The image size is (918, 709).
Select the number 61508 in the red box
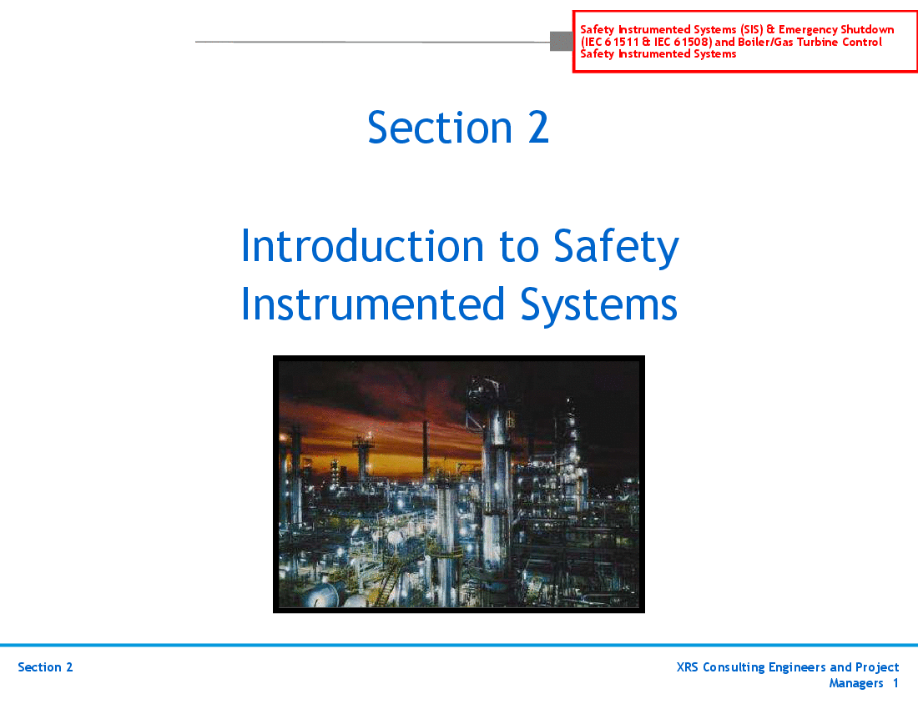[x=691, y=42]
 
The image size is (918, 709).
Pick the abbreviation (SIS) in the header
[x=751, y=29]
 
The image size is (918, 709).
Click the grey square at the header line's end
[x=562, y=42]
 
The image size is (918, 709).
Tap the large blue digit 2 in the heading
[x=538, y=128]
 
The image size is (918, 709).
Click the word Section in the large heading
[x=441, y=128]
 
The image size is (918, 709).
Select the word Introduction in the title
[x=362, y=246]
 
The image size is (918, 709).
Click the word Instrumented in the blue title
[x=373, y=304]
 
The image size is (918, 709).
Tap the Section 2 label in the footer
[x=45, y=667]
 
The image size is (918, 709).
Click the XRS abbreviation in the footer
[x=688, y=667]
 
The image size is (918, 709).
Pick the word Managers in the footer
[x=856, y=683]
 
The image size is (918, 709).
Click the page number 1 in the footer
[x=895, y=683]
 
